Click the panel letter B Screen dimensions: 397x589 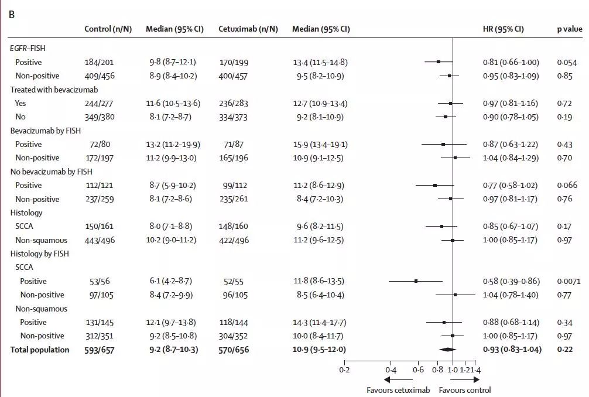coord(11,14)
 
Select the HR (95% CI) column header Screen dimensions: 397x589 coord(503,29)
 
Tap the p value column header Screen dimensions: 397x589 coord(569,29)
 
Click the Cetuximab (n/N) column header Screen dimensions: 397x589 coord(248,29)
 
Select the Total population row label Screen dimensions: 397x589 coord(39,350)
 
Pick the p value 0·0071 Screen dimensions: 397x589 coord(569,281)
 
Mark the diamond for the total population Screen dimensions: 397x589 coord(447,350)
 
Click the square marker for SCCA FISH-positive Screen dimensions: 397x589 coord(416,281)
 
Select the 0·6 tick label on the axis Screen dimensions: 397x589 coord(418,370)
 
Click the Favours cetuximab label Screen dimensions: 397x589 coord(398,390)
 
